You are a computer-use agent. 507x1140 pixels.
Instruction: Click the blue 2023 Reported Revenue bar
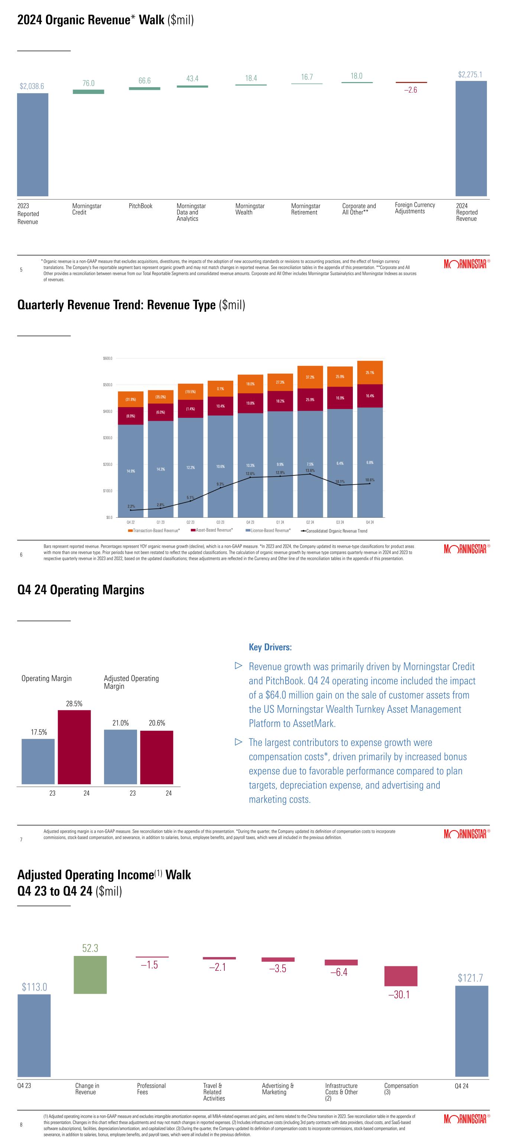pyautogui.click(x=33, y=144)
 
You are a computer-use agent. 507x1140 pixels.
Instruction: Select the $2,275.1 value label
pyautogui.click(x=470, y=75)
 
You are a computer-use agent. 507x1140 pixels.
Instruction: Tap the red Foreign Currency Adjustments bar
pyautogui.click(x=411, y=82)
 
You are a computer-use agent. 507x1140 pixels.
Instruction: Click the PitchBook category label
pyautogui.click(x=140, y=206)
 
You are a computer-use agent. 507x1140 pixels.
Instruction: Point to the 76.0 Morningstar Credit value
pyautogui.click(x=88, y=83)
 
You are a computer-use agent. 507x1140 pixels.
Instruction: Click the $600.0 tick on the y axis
pyautogui.click(x=108, y=358)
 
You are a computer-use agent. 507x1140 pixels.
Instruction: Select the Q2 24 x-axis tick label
pyautogui.click(x=310, y=522)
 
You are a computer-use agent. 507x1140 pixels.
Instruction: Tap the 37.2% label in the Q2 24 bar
pyautogui.click(x=310, y=377)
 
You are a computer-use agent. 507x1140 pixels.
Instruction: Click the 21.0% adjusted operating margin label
pyautogui.click(x=120, y=723)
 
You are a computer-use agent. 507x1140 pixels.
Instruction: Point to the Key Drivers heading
pyautogui.click(x=270, y=647)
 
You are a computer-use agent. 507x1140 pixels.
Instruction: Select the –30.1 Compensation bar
pyautogui.click(x=400, y=976)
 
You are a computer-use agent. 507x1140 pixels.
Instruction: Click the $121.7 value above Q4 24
pyautogui.click(x=470, y=977)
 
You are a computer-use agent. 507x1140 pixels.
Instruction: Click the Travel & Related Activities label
pyautogui.click(x=214, y=1092)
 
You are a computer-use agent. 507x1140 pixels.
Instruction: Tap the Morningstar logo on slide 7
pyautogui.click(x=465, y=834)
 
